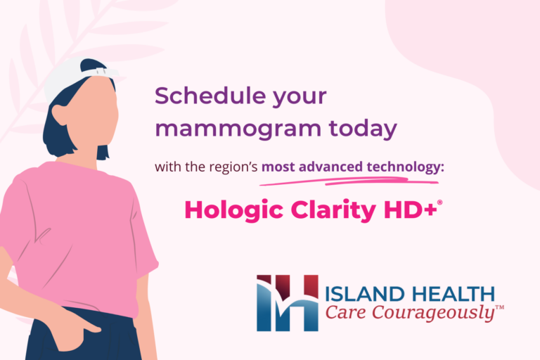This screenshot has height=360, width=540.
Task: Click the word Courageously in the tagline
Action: pos(444,313)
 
